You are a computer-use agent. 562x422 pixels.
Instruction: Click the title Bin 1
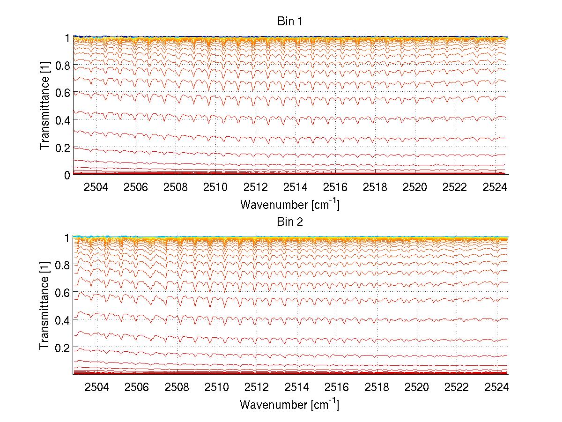290,21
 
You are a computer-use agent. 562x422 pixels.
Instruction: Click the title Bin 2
290,221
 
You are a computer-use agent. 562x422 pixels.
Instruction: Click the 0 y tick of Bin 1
67,175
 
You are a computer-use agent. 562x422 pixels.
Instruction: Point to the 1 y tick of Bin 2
67,238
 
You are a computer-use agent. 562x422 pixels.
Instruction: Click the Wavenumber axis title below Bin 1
289,205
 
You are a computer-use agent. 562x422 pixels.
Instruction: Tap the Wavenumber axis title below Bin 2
289,404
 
